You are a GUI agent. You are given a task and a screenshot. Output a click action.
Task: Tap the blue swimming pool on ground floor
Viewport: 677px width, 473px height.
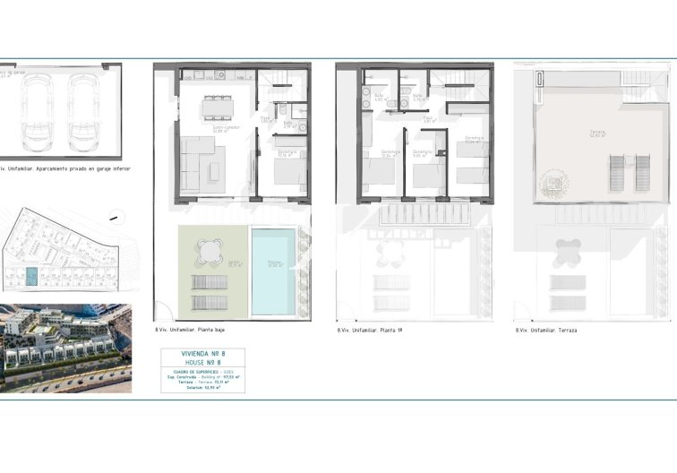(x=273, y=270)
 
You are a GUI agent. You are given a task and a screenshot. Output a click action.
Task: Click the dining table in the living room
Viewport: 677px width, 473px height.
(x=217, y=107)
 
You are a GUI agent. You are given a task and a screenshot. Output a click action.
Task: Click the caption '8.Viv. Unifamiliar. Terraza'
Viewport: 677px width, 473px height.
(x=545, y=331)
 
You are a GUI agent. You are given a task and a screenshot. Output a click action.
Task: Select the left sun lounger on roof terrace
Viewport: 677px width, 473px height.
(x=617, y=172)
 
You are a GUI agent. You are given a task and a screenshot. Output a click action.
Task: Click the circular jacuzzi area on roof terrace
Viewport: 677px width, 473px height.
(x=552, y=184)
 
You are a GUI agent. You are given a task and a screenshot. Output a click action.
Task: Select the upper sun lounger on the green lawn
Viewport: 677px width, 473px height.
(x=210, y=281)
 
